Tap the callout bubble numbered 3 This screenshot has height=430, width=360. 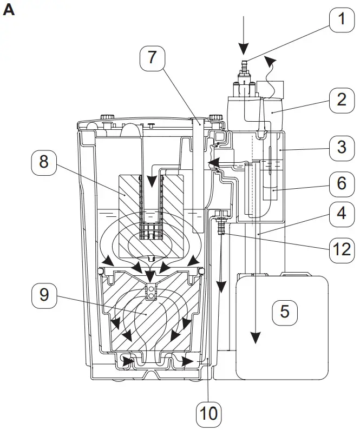(341, 147)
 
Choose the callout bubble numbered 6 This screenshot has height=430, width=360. (341, 183)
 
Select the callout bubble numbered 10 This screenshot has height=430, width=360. (208, 413)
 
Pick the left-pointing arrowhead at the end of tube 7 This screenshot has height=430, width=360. (212, 162)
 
